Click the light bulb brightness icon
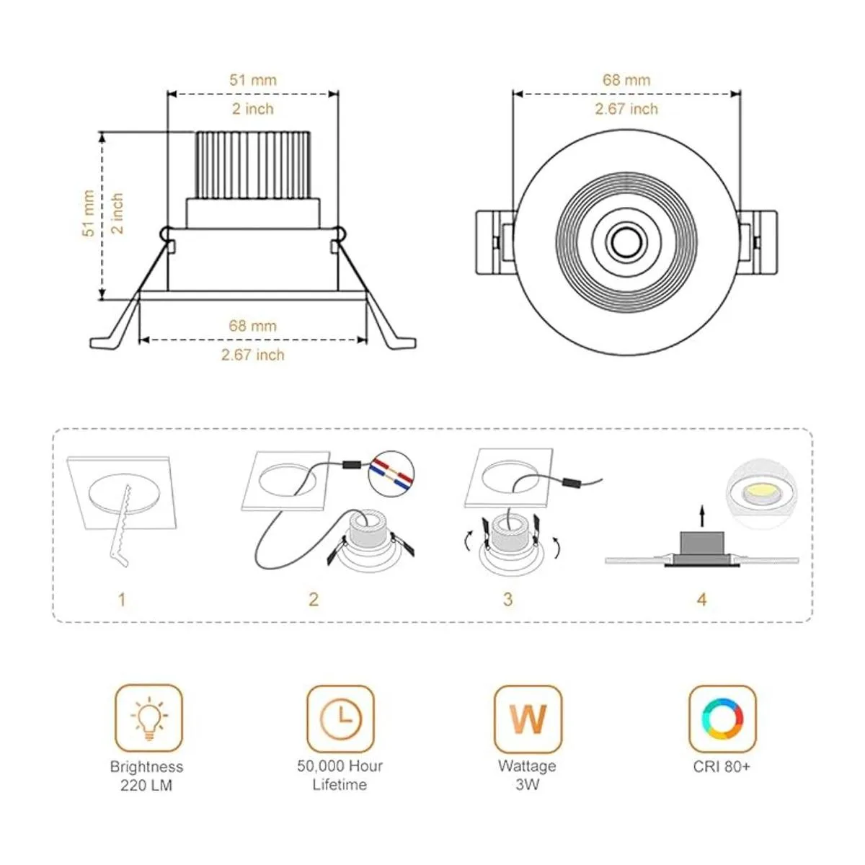(x=148, y=718)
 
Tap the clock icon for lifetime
(x=340, y=718)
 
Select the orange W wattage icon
(x=528, y=718)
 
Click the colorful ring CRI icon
(x=722, y=718)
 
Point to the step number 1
(x=122, y=599)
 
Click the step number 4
(x=702, y=599)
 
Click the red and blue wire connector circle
(x=391, y=473)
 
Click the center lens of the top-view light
(x=626, y=241)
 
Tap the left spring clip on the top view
(x=494, y=241)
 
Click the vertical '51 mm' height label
(x=89, y=214)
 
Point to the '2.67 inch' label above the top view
(x=626, y=109)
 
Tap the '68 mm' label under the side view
(x=252, y=326)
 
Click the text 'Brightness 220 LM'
(x=146, y=776)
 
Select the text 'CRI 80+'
(x=722, y=766)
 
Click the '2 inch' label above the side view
(x=252, y=109)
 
